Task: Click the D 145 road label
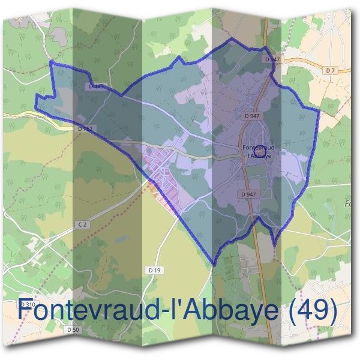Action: coord(97,87)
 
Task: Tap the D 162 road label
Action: coord(85,129)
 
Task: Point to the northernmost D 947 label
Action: coord(272,59)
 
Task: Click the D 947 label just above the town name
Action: coord(251,115)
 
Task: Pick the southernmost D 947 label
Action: coord(248,194)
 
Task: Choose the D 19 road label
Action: coord(154,271)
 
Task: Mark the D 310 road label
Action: coord(26,305)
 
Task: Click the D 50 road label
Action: coord(73,330)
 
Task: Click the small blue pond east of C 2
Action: coord(122,239)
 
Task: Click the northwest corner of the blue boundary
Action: coord(50,62)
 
